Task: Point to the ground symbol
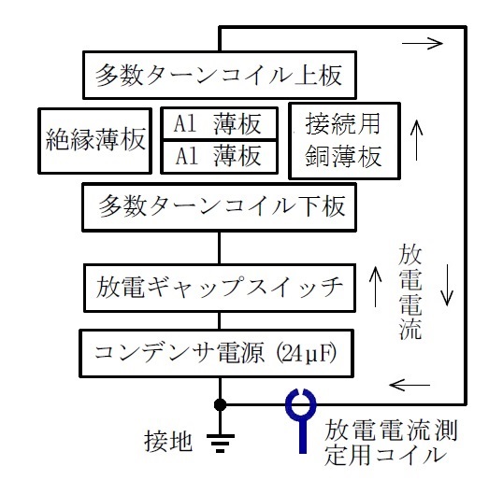coord(221,443)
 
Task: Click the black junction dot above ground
coord(220,405)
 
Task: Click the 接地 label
coord(168,442)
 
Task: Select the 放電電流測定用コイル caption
coord(391,443)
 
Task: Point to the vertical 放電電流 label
coord(410,292)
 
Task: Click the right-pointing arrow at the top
coord(423,43)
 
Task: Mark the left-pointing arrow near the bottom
coord(410,385)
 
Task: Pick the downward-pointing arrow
coord(447,285)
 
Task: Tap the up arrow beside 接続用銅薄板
coord(416,140)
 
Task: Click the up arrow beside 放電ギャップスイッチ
coord(376,287)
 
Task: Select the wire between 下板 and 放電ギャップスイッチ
coord(220,247)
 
